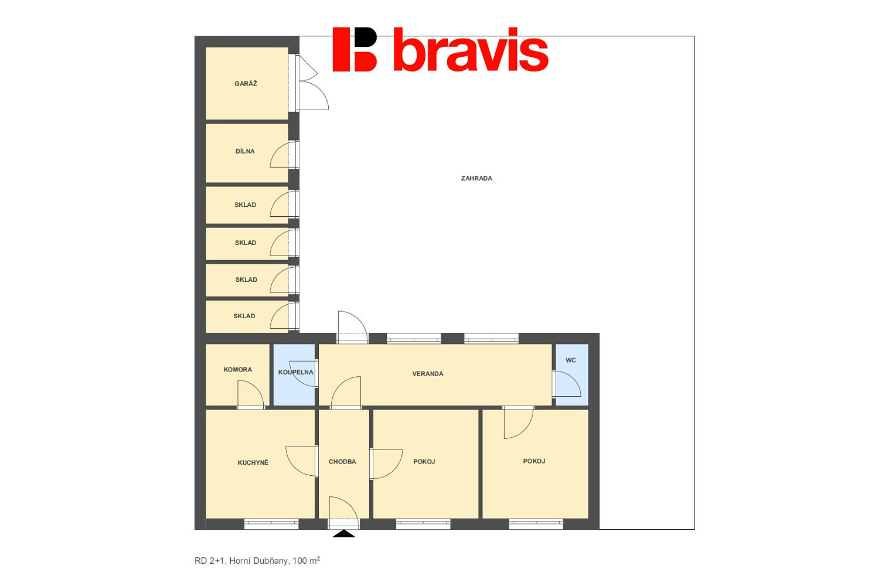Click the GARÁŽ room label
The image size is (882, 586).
(246, 83)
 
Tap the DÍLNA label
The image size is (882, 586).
(245, 151)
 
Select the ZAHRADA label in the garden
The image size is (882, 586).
(476, 178)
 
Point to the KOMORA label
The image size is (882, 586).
(237, 369)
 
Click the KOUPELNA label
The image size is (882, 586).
(296, 372)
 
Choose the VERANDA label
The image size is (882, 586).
(428, 374)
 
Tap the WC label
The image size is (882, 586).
(571, 360)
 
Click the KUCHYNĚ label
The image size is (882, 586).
(253, 462)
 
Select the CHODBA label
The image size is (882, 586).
(342, 462)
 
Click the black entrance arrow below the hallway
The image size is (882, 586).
(344, 534)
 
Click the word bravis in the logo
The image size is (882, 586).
(471, 50)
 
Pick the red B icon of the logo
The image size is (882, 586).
(355, 49)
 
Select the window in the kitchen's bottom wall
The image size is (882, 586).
(271, 524)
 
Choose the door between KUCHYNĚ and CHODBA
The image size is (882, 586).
(302, 462)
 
